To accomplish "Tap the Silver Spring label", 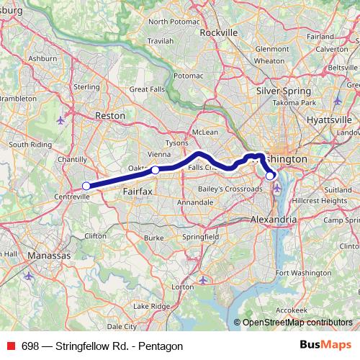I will [x=284, y=91].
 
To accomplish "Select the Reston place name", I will [x=110, y=115].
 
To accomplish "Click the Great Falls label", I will [x=148, y=90].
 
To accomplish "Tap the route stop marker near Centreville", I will [x=86, y=186].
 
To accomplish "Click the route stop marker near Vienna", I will [x=155, y=170].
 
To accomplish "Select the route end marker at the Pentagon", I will [x=270, y=175].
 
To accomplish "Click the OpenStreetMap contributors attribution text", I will [x=297, y=323].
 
